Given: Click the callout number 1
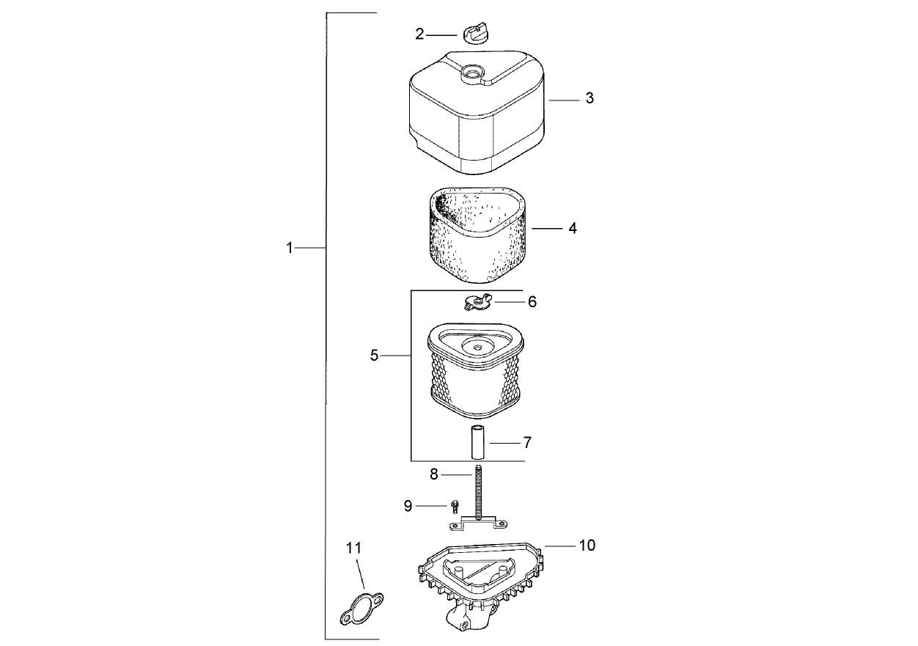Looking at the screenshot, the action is (290, 248).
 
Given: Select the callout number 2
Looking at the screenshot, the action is (419, 34).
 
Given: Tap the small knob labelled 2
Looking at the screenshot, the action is (475, 33).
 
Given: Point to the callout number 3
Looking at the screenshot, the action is (590, 98).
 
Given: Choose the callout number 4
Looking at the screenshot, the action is (573, 228).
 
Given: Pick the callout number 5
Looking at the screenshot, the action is (374, 356).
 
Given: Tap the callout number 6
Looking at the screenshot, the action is (532, 301).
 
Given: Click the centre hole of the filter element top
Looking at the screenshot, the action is (476, 347).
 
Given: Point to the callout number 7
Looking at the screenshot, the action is (527, 442).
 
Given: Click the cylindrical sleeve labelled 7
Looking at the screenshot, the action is (476, 442).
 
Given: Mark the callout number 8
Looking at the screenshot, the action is (433, 474).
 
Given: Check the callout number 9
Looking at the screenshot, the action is (408, 506).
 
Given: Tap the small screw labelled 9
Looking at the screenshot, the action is (454, 507).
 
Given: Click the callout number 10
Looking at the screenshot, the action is (587, 545).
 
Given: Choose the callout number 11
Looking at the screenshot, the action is (353, 548).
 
